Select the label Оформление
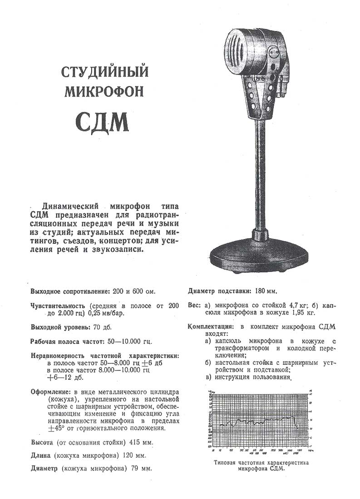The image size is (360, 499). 49,391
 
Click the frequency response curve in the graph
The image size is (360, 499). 259,420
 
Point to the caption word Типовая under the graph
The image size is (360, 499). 227,463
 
